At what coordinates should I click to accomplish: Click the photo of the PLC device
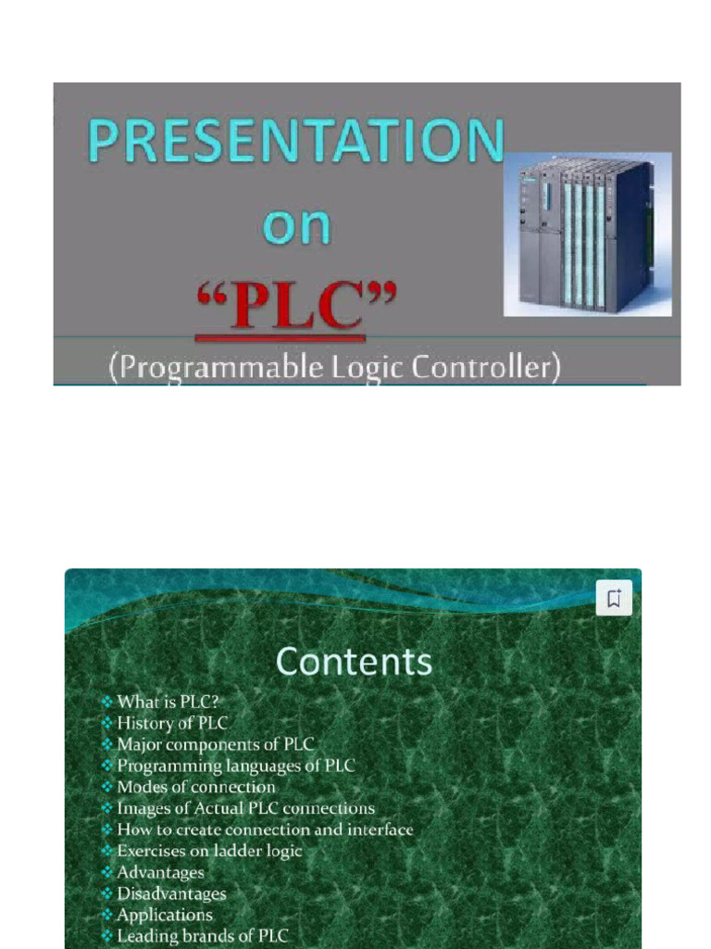(587, 234)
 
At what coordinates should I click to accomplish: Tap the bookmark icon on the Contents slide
(614, 598)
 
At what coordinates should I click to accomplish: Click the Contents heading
(354, 662)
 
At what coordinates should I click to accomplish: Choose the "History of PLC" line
(171, 723)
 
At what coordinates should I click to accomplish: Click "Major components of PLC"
(215, 744)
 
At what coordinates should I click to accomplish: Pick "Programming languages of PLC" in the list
(235, 766)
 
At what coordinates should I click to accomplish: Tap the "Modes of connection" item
(195, 787)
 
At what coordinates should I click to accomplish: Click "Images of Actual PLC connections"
(245, 808)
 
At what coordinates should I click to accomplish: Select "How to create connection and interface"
(265, 829)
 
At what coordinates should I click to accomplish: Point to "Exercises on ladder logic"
(209, 851)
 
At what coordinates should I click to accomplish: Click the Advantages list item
(160, 872)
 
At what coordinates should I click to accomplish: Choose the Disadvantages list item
(171, 893)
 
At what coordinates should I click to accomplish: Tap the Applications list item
(164, 915)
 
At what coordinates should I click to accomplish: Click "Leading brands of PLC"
(202, 936)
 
